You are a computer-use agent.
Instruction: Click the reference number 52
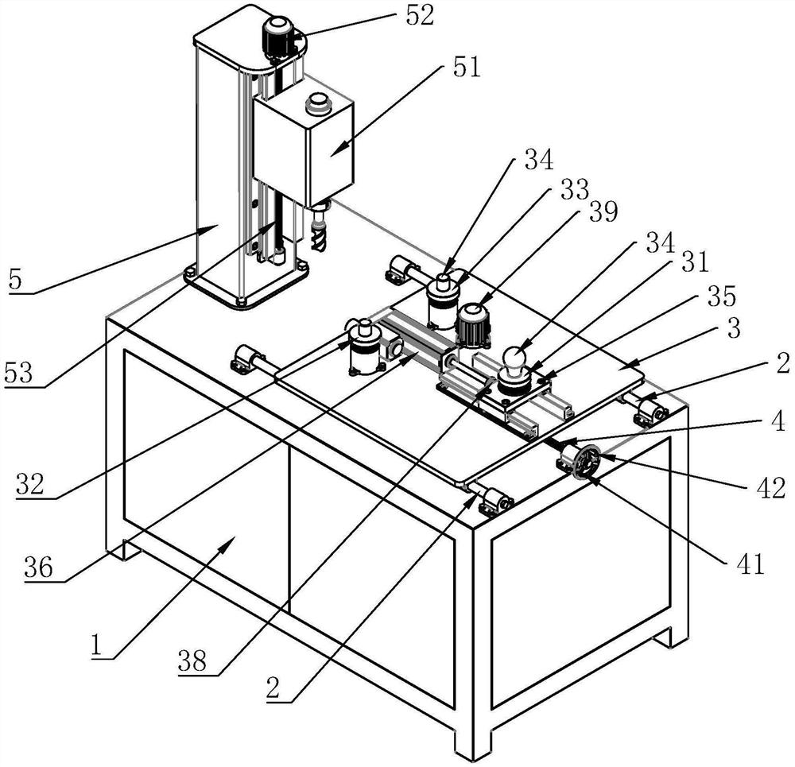(x=420, y=16)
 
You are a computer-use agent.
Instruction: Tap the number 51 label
(x=467, y=68)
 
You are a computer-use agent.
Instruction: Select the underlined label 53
(x=18, y=373)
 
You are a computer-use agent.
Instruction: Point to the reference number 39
(x=603, y=211)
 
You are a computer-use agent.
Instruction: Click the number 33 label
(x=575, y=189)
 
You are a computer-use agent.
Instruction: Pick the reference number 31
(x=694, y=263)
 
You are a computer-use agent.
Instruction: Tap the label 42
(x=771, y=488)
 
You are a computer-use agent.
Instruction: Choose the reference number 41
(x=750, y=564)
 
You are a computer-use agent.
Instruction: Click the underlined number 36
(x=38, y=568)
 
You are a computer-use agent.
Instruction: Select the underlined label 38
(x=192, y=661)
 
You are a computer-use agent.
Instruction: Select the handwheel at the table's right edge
(x=587, y=459)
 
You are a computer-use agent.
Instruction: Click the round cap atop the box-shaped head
(x=317, y=104)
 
